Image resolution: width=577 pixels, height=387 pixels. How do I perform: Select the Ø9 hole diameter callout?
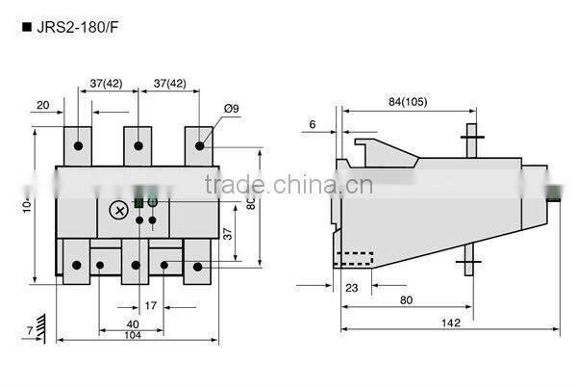tap(231, 109)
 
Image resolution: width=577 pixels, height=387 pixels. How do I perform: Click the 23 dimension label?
tap(352, 286)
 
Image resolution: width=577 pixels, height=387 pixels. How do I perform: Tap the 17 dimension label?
tap(150, 306)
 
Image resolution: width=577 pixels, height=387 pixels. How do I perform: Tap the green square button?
tap(138, 202)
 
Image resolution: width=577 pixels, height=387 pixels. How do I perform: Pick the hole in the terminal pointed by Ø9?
tap(200, 146)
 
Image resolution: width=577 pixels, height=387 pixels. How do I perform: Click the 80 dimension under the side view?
tap(408, 300)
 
